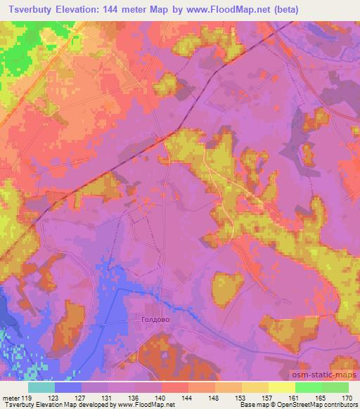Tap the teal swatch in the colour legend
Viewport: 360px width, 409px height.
point(41,388)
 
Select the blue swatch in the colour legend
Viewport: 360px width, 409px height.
point(68,388)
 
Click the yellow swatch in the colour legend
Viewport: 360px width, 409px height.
point(282,388)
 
